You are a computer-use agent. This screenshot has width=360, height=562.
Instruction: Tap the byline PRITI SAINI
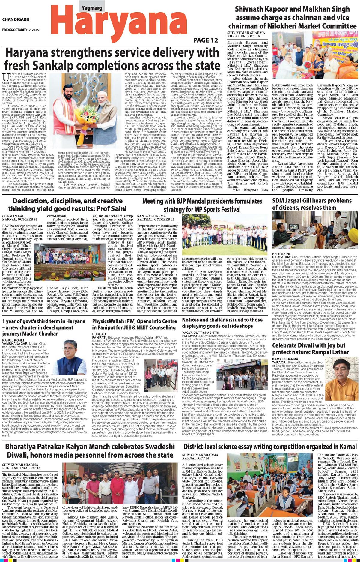tap(281, 253)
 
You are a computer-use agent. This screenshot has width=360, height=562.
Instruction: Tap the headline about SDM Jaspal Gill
tap(307, 204)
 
